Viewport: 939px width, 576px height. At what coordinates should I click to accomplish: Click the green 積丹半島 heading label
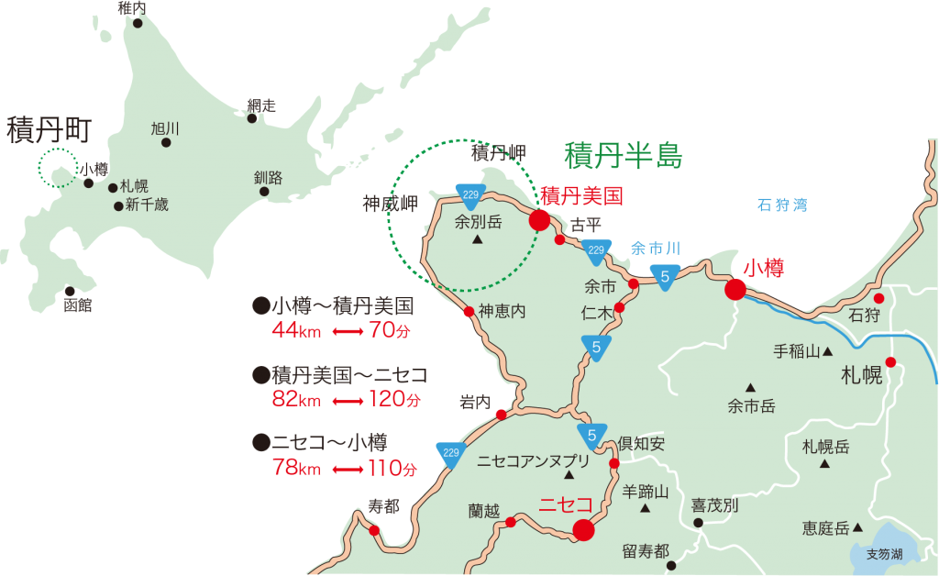pos(623,155)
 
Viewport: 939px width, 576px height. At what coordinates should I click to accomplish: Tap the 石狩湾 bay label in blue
pos(782,205)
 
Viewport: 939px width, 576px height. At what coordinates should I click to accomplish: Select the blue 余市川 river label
pos(655,249)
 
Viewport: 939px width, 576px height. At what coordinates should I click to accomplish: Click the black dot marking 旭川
pos(166,142)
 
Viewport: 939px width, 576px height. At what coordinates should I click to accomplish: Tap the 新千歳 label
pos(147,205)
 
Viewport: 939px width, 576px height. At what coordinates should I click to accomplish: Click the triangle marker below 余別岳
pos(477,241)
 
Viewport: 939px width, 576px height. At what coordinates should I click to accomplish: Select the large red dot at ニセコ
pos(583,529)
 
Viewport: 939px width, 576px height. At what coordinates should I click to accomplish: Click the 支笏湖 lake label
pos(884,554)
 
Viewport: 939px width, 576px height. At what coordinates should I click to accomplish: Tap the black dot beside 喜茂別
pos(698,523)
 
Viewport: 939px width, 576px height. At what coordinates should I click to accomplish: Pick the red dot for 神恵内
pos(469,312)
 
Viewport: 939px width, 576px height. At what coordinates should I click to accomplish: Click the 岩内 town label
pos(475,402)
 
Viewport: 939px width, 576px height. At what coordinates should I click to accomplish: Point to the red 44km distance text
pos(296,331)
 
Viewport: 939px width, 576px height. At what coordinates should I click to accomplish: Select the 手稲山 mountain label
pos(796,350)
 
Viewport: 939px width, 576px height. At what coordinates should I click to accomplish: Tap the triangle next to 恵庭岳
pos(857,527)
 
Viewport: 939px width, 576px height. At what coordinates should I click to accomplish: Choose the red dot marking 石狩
pos(878,299)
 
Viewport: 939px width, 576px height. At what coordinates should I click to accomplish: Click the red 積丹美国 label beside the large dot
pos(581,195)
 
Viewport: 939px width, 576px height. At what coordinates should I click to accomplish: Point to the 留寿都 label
pos(645,550)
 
